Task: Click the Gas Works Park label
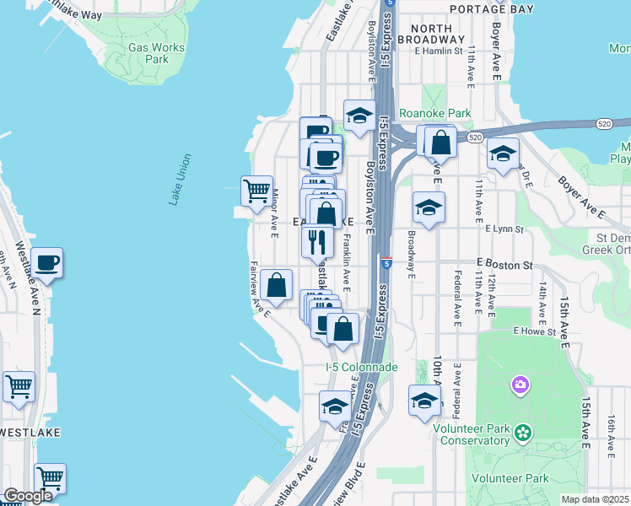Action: coord(157,53)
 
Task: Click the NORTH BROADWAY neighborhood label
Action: coord(437,34)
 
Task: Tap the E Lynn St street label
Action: coord(504,229)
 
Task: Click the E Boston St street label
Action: coord(504,265)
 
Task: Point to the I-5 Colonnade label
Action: coord(361,367)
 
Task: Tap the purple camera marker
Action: coord(520,386)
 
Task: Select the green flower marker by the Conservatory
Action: coord(523,433)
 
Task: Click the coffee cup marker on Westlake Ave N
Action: coord(47,264)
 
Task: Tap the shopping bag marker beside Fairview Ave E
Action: coord(276,286)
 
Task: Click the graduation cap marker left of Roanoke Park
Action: coord(359,116)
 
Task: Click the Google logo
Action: coord(28,496)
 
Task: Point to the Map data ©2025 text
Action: coord(595,499)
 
